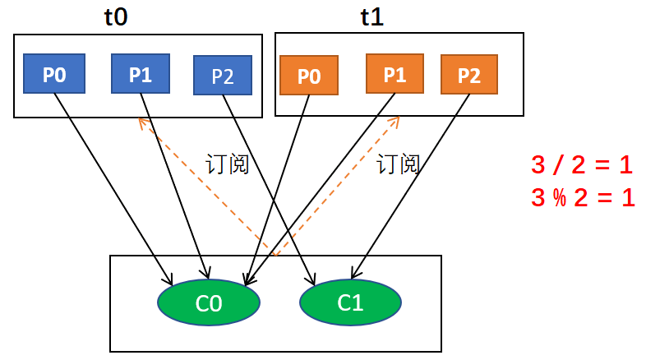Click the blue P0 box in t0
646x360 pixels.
(x=54, y=75)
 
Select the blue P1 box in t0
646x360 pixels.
(x=141, y=75)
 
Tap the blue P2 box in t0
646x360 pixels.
(x=222, y=76)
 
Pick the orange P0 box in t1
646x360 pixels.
(x=309, y=76)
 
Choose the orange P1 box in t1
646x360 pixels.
(x=395, y=75)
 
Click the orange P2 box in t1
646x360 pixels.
(x=469, y=76)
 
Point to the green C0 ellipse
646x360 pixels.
(x=209, y=302)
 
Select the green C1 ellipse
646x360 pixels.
(x=350, y=302)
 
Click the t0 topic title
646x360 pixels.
(x=116, y=17)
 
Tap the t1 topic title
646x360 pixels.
(x=372, y=17)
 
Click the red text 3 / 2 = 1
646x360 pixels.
(x=582, y=165)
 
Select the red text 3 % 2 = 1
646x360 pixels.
(x=582, y=197)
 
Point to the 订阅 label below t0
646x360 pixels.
(x=227, y=164)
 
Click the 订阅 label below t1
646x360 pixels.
(x=399, y=164)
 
